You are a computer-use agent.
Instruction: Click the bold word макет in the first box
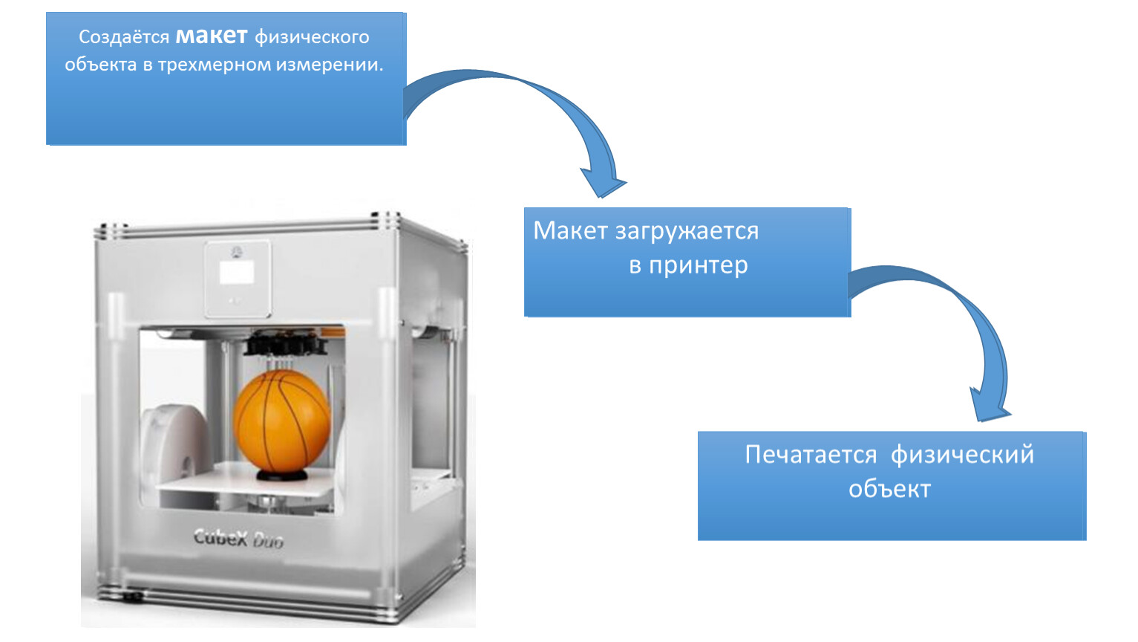pos(211,36)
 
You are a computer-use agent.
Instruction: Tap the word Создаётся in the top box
pos(124,37)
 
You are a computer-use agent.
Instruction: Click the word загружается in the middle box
pos(687,232)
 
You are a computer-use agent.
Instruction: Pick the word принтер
pos(698,265)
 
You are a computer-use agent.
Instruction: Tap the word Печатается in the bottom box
pos(811,454)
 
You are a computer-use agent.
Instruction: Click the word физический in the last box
pos(962,454)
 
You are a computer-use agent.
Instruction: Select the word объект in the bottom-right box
pos(889,489)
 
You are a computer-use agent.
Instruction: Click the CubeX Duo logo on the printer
pos(238,538)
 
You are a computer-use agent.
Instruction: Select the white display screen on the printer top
pos(237,273)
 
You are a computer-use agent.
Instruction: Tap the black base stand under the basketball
pos(281,475)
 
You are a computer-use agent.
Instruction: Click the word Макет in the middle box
pos(570,231)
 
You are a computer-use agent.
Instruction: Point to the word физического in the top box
pos(312,37)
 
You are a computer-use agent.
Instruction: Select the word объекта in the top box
pos(100,65)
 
